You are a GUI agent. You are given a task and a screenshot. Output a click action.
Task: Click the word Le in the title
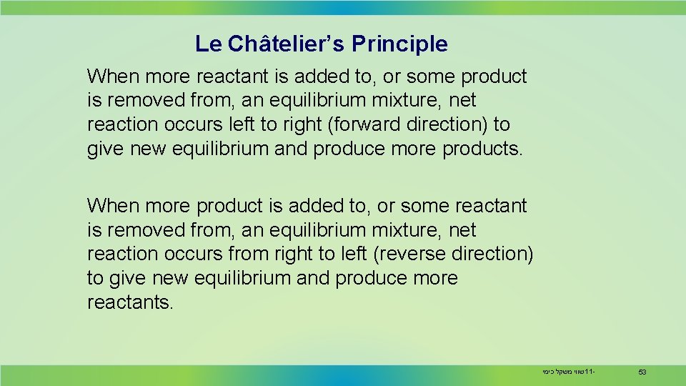point(208,44)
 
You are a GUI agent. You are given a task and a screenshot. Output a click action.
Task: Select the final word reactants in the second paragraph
point(128,302)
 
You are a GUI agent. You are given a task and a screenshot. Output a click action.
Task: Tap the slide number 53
point(642,372)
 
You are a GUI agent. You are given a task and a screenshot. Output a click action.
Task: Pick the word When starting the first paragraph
point(112,76)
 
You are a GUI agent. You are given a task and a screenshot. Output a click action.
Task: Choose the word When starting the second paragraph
point(112,206)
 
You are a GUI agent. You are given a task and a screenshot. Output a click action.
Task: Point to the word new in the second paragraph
point(160,278)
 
